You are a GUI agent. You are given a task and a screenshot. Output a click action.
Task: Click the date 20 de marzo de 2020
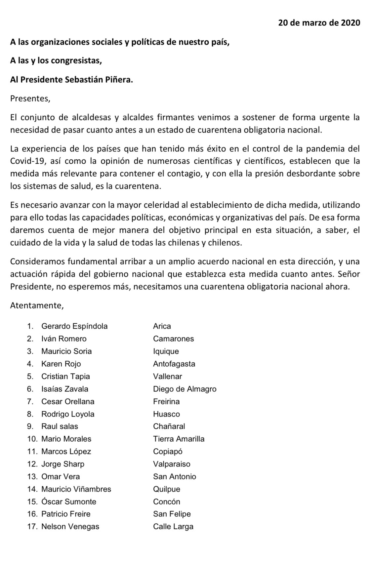coord(319,23)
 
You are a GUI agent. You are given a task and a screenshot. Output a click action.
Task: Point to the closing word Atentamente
coord(37,305)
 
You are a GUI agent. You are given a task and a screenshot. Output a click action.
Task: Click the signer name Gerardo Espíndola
coord(74,326)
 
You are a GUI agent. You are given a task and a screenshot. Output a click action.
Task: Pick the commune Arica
coord(162,326)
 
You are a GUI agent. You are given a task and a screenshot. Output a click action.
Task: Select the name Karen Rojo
coord(61,364)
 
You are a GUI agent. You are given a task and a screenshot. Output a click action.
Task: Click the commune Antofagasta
coord(174,364)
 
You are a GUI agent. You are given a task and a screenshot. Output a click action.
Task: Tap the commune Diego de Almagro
coord(185,389)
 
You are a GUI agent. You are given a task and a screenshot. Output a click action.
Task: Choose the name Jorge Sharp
coord(63,464)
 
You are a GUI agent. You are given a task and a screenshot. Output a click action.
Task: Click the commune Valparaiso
coord(172,464)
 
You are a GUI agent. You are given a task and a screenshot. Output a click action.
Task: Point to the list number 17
coord(33,527)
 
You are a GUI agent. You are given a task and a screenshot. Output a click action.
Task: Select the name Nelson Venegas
coord(70,527)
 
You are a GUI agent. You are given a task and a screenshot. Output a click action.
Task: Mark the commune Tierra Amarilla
coord(179,439)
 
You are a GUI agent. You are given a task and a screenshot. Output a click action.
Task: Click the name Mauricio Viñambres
coord(76,489)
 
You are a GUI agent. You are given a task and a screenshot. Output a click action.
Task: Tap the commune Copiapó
coord(168,452)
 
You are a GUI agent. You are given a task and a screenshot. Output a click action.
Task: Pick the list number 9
coord(30,426)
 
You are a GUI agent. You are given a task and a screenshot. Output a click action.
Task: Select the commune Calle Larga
coord(173,527)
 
